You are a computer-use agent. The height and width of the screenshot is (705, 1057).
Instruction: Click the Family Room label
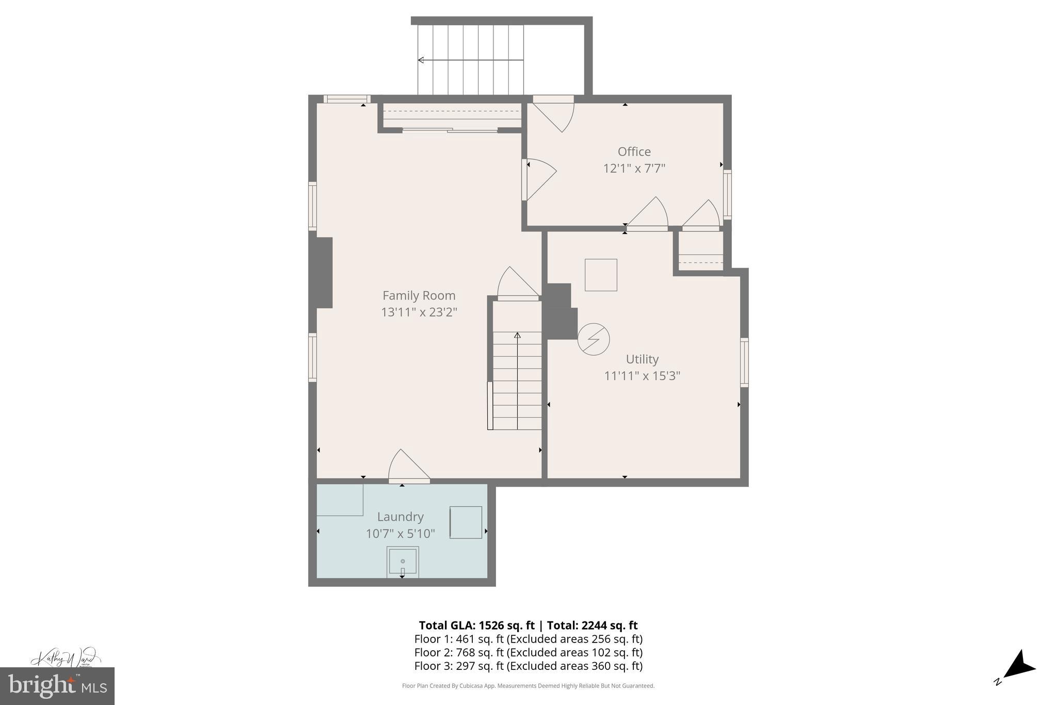coord(419,295)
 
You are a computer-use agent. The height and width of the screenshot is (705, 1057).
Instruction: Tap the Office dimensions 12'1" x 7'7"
coord(634,168)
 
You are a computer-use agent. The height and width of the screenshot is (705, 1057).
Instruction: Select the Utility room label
coord(642,359)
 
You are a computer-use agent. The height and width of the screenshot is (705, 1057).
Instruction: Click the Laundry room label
coord(400,516)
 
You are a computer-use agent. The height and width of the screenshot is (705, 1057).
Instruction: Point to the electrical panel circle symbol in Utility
coord(594,339)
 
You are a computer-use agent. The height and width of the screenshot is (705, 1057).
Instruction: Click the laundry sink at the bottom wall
coord(403,562)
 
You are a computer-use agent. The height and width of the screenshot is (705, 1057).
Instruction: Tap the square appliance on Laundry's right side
coord(466,522)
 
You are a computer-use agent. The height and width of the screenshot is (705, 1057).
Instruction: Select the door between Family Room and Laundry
coord(409,467)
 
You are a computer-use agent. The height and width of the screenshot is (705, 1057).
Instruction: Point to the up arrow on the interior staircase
coord(517,336)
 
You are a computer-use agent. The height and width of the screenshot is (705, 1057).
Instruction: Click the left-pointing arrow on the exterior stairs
coord(421,60)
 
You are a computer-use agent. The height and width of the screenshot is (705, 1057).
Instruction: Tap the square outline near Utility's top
coord(601,275)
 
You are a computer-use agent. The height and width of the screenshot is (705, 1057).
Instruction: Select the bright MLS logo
coord(57,686)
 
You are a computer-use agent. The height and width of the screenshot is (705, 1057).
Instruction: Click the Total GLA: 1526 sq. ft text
coord(476,625)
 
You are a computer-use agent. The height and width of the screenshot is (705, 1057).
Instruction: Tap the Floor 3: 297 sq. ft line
coord(528,666)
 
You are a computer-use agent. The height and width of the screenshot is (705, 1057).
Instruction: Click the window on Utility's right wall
coord(744,362)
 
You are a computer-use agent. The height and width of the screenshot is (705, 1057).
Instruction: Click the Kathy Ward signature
coord(65,658)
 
